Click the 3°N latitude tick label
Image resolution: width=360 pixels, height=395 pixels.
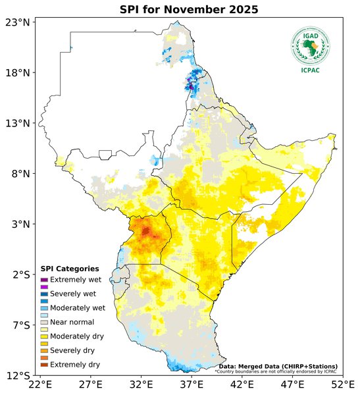[x=18, y=224]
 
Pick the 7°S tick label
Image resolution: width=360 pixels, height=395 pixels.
[x=18, y=325]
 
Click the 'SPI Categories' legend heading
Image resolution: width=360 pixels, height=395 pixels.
[x=70, y=269]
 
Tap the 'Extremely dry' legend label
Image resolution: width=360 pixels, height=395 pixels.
[x=75, y=364]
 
